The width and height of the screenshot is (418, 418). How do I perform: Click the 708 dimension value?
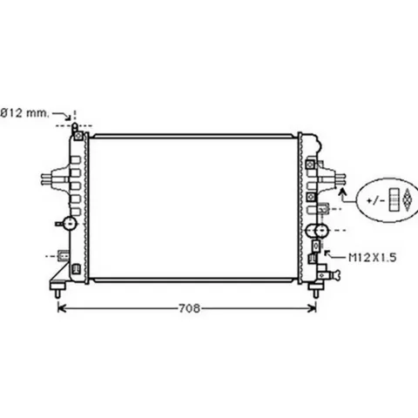pos(189,308)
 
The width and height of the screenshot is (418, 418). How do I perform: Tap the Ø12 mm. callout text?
pos(25,113)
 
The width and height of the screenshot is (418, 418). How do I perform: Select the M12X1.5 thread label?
pos(373,258)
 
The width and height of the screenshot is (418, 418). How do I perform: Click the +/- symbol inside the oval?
pos(375,200)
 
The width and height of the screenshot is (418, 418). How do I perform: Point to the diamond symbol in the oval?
pos(408,199)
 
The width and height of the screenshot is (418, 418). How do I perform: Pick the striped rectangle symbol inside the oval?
pos(394,199)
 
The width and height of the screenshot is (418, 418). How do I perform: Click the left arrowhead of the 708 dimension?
pos(62,308)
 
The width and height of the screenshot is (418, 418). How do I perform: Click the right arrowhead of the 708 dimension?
pos(313,308)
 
